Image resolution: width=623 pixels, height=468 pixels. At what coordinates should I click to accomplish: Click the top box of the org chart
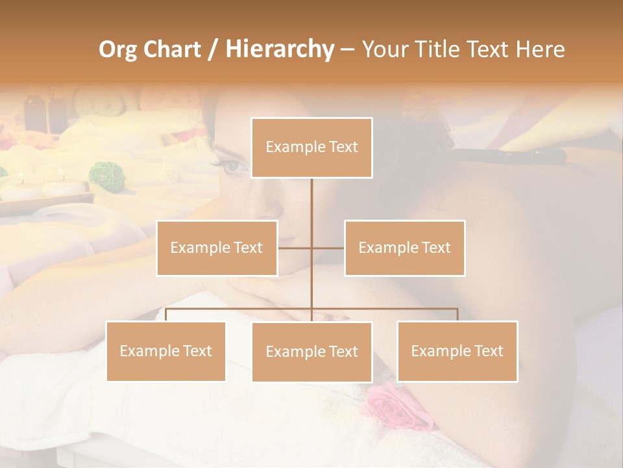coord(311,148)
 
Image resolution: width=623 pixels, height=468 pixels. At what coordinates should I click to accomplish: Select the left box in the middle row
coord(217,248)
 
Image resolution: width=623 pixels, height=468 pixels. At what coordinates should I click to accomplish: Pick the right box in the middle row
coord(404,248)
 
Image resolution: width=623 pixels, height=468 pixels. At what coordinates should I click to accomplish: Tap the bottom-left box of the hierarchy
coord(165,351)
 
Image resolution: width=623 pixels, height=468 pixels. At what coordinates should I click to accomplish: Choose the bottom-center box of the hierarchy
coord(311,352)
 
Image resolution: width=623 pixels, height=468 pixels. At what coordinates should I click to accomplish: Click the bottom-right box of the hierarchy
coord(457,351)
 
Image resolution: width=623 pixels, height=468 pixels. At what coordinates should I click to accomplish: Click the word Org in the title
coord(117,49)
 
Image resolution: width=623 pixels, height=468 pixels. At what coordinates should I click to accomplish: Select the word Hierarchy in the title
coord(280,49)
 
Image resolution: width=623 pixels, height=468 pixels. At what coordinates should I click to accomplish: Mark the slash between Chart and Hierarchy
coord(213,49)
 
